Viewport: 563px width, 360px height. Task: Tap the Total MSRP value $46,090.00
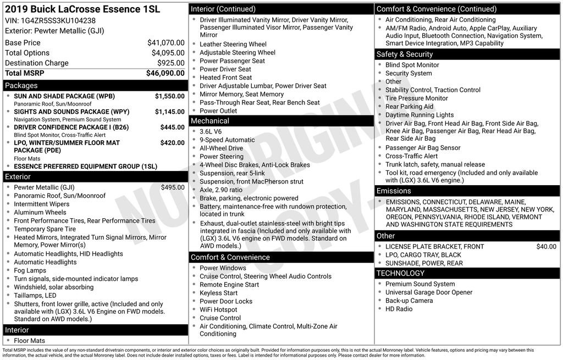(x=165, y=73)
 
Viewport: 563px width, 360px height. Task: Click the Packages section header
(x=21, y=86)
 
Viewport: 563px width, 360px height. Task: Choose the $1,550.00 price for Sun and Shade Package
(x=169, y=96)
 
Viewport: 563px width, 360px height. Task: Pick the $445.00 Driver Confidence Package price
(x=172, y=127)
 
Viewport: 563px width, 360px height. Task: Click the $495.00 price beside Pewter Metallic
(x=172, y=187)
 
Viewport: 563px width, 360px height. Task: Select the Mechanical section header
(x=210, y=121)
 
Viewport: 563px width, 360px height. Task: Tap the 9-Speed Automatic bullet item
(x=219, y=140)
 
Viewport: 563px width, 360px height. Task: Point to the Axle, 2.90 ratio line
(x=222, y=190)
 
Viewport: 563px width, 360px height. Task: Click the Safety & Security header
(x=405, y=54)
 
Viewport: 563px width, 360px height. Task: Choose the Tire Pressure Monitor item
(x=416, y=98)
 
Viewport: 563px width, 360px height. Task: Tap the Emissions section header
(x=394, y=191)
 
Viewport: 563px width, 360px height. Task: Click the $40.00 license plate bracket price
(x=546, y=247)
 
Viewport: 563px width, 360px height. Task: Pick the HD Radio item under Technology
(x=399, y=309)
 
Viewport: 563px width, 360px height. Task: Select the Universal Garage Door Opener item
(x=428, y=292)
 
